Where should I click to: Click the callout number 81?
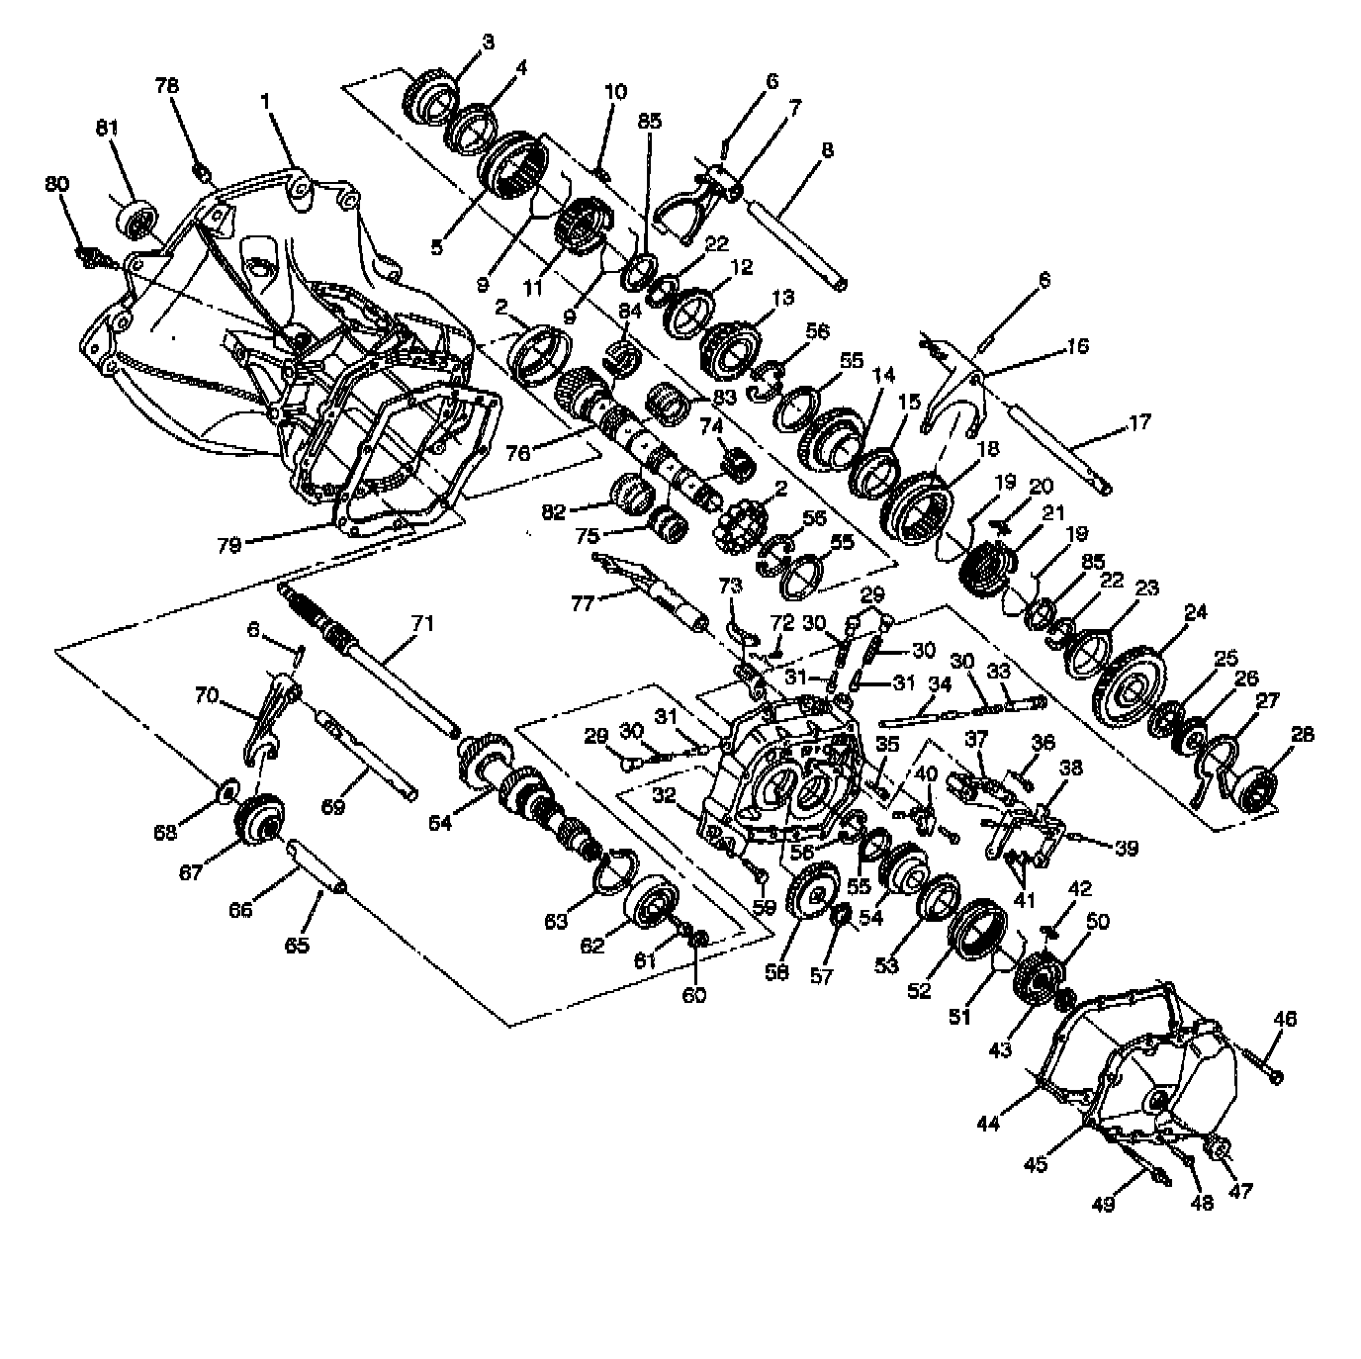[108, 128]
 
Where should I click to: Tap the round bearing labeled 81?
[136, 219]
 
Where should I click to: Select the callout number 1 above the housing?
[265, 102]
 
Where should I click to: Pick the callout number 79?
[229, 543]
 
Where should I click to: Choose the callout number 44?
[989, 1123]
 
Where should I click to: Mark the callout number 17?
[1139, 422]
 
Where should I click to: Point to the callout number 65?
[298, 944]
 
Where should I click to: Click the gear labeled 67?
[259, 818]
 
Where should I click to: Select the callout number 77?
[583, 602]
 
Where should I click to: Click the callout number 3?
[489, 42]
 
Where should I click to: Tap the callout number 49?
[1104, 1203]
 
